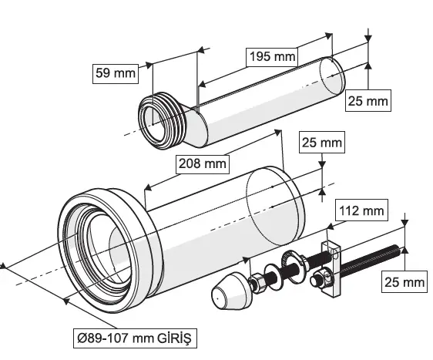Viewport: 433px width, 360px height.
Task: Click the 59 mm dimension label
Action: [114, 74]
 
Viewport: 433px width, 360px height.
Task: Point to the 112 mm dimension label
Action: [361, 210]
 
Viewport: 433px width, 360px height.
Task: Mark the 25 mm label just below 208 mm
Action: [321, 143]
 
